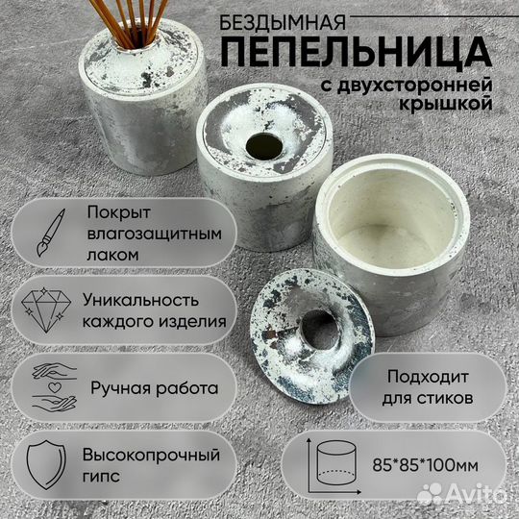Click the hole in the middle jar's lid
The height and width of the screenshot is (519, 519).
(x=260, y=147)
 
